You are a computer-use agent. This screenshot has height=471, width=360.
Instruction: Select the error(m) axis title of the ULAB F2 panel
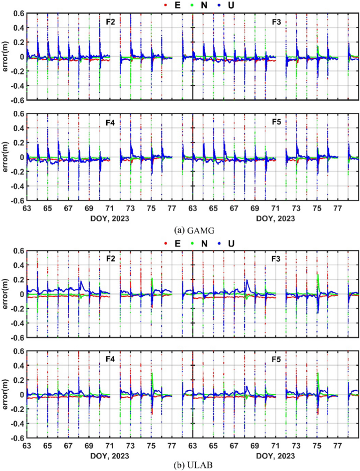point(5,294)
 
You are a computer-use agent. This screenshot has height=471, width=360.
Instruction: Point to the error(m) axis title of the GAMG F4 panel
point(5,157)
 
